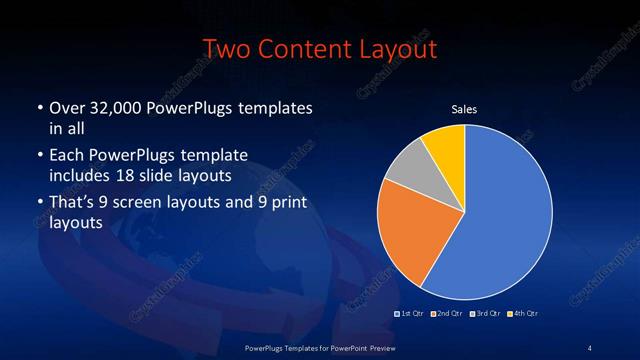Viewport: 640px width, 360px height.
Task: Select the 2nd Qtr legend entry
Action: [449, 314]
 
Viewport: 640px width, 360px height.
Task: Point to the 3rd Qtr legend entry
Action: [487, 314]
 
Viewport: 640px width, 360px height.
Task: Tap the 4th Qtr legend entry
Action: [523, 314]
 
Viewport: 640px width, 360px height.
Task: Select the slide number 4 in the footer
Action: [590, 347]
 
